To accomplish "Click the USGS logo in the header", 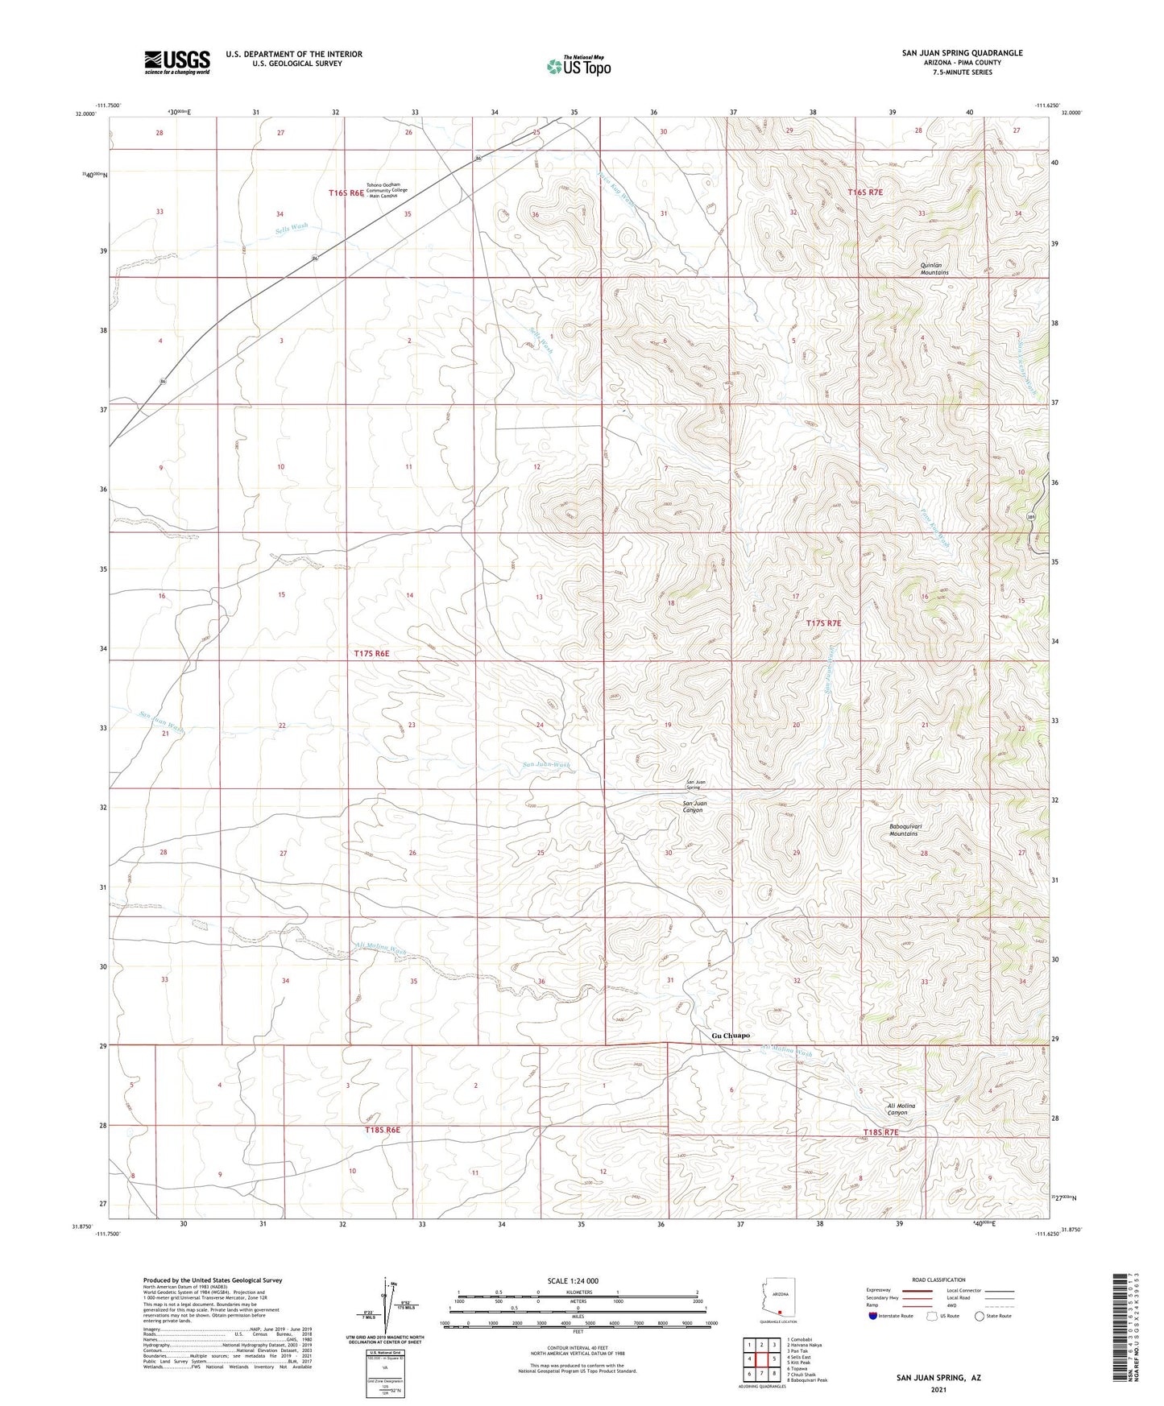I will coord(176,62).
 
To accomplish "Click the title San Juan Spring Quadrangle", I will coord(962,53).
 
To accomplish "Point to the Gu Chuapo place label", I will coord(731,1036).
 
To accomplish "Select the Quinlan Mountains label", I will coord(934,269).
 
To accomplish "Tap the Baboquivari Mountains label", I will coord(903,830).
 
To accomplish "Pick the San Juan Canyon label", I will coord(693,807).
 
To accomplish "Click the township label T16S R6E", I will coord(346,193).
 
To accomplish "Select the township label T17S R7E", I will coord(823,623).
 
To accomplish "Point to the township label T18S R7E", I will coord(880,1132).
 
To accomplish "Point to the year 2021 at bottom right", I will coord(938,1389).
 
